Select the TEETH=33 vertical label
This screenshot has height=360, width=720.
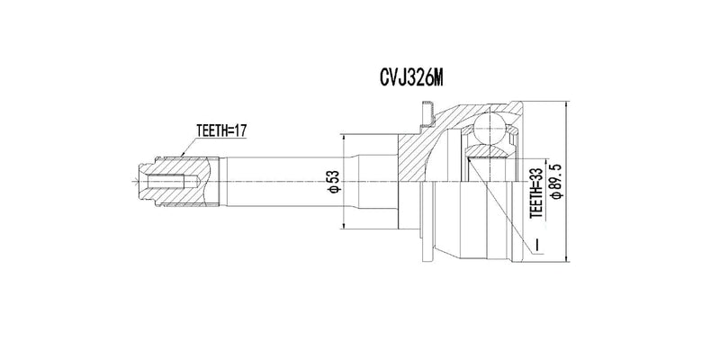(536, 193)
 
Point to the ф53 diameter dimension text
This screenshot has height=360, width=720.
(332, 183)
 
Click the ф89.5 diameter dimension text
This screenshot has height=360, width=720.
(559, 181)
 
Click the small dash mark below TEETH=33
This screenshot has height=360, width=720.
(536, 243)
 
